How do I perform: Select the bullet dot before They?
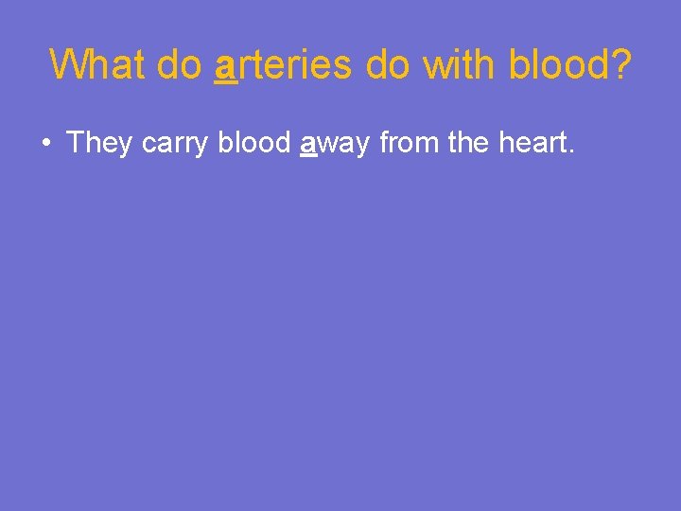(45, 144)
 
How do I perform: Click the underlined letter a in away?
(307, 145)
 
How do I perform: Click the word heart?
(534, 143)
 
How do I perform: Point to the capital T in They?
(76, 143)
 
